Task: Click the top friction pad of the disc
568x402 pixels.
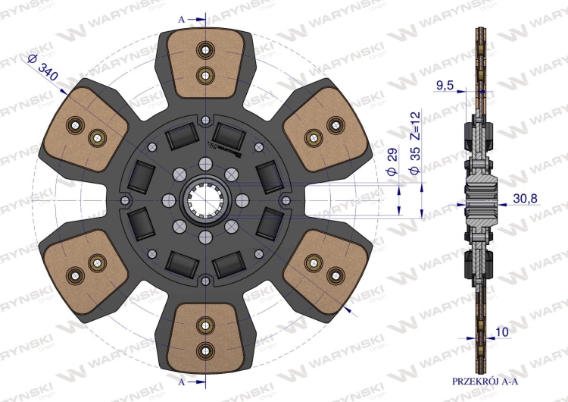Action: pos(205,62)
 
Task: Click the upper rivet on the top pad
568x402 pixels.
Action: pos(204,52)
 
